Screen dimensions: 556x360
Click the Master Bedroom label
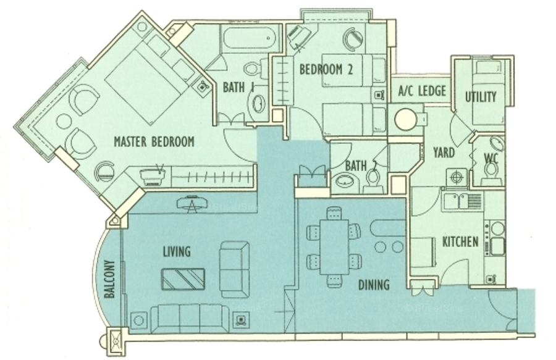pyautogui.click(x=154, y=142)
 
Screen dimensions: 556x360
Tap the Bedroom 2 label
pyautogui.click(x=326, y=69)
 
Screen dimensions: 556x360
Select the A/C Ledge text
pyautogui.click(x=422, y=91)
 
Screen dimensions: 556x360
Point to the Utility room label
pyautogui.click(x=481, y=97)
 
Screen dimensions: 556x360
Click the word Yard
pyautogui.click(x=444, y=153)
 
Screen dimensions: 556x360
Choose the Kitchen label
pyautogui.click(x=460, y=242)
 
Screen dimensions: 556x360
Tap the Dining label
pyautogui.click(x=374, y=285)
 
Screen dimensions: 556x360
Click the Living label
pyautogui.click(x=177, y=251)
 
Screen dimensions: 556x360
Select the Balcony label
pyautogui.click(x=110, y=279)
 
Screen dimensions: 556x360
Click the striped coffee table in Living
pyautogui.click(x=183, y=278)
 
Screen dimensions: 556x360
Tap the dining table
pyautogui.click(x=334, y=247)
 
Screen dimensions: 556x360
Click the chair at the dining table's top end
pyautogui.click(x=334, y=213)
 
